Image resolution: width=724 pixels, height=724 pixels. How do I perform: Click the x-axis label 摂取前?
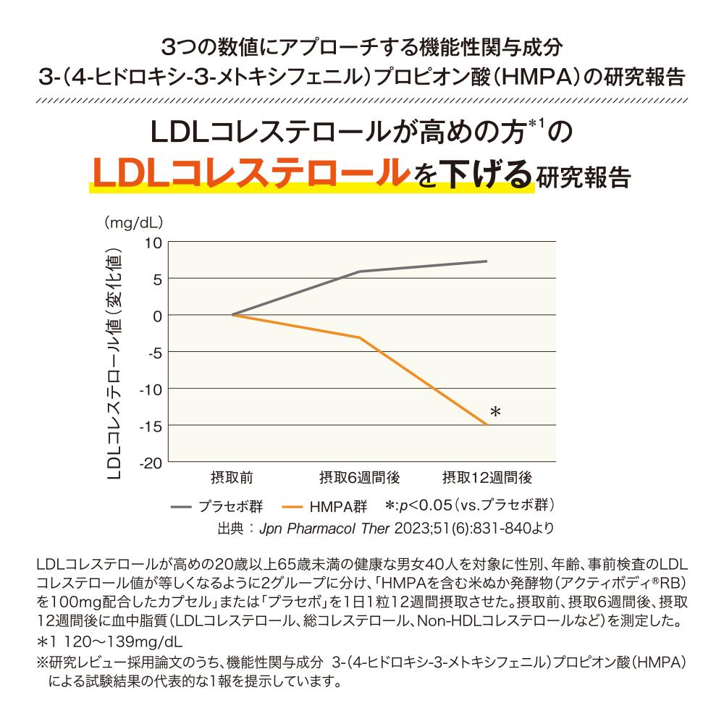coord(232,479)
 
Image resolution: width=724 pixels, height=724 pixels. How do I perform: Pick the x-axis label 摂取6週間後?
coord(359,479)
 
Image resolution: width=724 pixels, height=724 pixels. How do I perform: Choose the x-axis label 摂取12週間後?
coord(487,479)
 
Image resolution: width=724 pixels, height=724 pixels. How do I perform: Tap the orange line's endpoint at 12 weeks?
coord(487,425)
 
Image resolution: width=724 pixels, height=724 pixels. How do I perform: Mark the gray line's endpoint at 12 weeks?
coord(487,261)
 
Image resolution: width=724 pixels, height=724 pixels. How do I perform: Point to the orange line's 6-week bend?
coord(359,337)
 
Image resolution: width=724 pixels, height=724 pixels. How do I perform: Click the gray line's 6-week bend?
coord(359,271)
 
